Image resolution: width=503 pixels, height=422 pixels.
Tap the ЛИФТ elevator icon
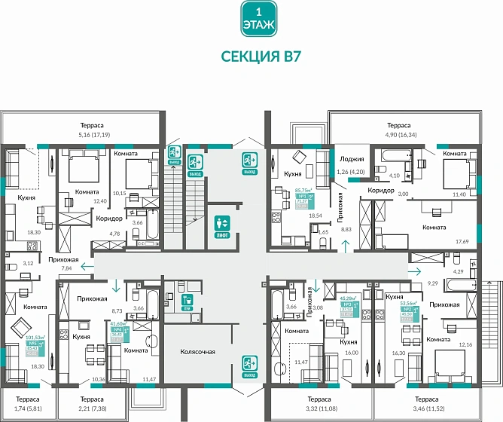coord(222,226)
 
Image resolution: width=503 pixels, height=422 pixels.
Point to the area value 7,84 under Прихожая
coord(68,268)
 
